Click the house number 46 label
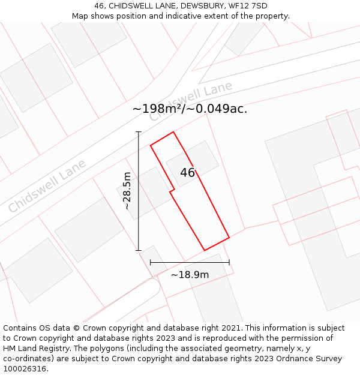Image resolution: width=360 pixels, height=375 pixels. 188,173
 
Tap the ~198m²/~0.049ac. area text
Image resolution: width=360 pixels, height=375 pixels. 190,109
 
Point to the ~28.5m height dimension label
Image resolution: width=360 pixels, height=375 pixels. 127,191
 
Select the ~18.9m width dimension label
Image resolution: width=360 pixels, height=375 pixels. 190,275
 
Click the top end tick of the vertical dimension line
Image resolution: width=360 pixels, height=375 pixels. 139,132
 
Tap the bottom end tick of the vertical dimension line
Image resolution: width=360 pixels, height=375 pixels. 139,250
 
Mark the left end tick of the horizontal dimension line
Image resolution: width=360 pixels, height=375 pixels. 150,262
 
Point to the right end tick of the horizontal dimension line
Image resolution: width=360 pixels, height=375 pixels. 229,262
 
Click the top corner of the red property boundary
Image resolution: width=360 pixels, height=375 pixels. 173,132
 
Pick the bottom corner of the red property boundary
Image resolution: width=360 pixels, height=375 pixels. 205,250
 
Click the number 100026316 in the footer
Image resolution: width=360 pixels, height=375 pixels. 25,369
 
